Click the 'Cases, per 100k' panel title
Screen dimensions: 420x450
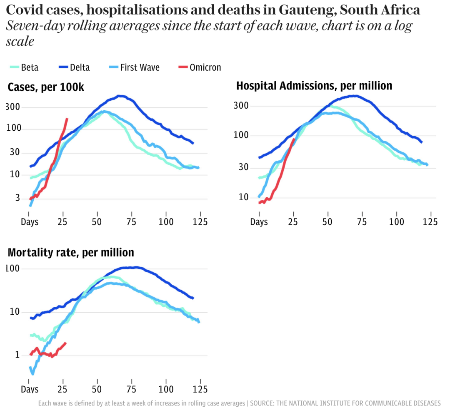pos(46,87)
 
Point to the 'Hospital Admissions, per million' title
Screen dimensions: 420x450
pos(314,86)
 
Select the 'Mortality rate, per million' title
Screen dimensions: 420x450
pos(71,253)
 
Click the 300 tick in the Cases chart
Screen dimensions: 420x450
pos(13,107)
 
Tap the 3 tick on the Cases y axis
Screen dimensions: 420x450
pos(17,198)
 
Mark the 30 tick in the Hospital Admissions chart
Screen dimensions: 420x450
pos(242,167)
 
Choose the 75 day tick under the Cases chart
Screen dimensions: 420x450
pos(132,222)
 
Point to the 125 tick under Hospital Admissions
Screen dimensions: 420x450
pos(430,222)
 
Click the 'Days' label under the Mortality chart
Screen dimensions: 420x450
pos(30,389)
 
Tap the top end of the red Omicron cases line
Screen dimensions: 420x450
pos(67,119)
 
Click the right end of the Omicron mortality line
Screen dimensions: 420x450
pos(65,343)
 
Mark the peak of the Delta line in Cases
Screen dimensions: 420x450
pos(120,96)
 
